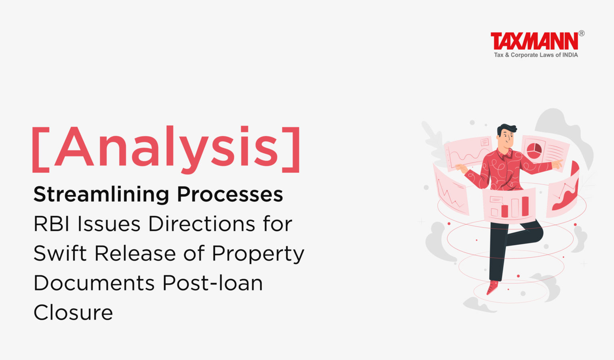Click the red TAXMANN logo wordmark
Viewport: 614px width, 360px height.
pyautogui.click(x=534, y=41)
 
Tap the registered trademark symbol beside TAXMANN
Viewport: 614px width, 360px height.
pyautogui.click(x=581, y=34)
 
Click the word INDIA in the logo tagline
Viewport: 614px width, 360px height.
pyautogui.click(x=570, y=55)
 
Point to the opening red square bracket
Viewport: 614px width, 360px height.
pyautogui.click(x=40, y=150)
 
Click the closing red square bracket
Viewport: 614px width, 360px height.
pyautogui.click(x=291, y=150)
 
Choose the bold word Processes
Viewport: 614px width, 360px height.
pyautogui.click(x=230, y=194)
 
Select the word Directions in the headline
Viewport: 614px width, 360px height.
pyautogui.click(x=202, y=224)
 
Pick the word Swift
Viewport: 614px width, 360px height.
pyautogui.click(x=60, y=253)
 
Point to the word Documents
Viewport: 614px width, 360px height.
pyautogui.click(x=94, y=283)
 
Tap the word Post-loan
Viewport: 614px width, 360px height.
pyautogui.click(x=213, y=283)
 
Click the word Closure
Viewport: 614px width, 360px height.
pyautogui.click(x=73, y=312)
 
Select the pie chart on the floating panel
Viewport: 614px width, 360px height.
pyautogui.click(x=534, y=151)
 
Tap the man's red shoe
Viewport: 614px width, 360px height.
pyautogui.click(x=492, y=287)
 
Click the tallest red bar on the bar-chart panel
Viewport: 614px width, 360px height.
pyautogui.click(x=525, y=206)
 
